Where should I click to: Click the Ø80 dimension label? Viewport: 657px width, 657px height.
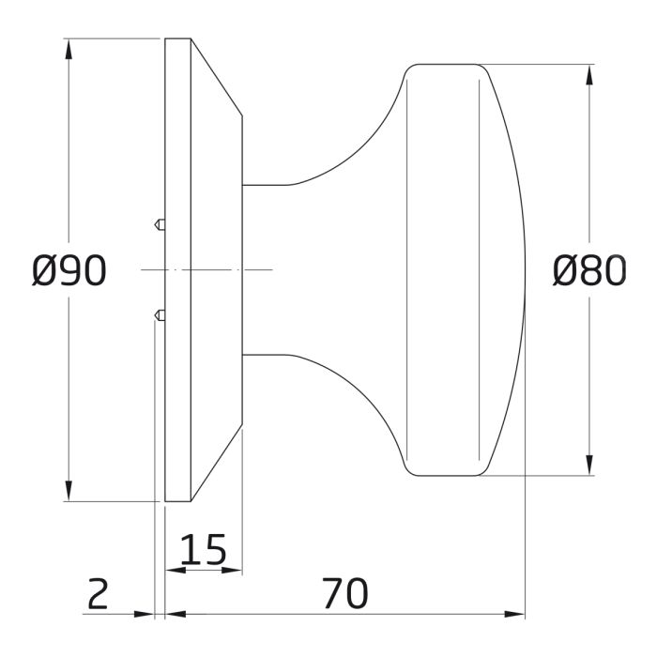(x=589, y=271)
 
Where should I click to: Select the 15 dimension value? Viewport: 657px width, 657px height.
(x=203, y=550)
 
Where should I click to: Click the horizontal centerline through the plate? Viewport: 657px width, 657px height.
(x=206, y=269)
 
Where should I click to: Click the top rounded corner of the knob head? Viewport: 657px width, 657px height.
(x=413, y=69)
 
